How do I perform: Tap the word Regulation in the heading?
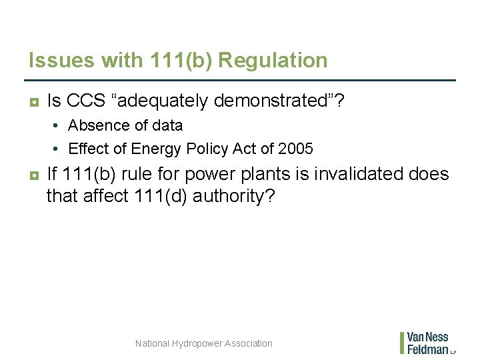pyautogui.click(x=273, y=61)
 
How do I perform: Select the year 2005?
pyautogui.click(x=295, y=148)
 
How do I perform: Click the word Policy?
pyautogui.click(x=204, y=148)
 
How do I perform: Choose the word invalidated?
pyautogui.click(x=360, y=175)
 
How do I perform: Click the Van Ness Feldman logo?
pyautogui.click(x=427, y=343)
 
